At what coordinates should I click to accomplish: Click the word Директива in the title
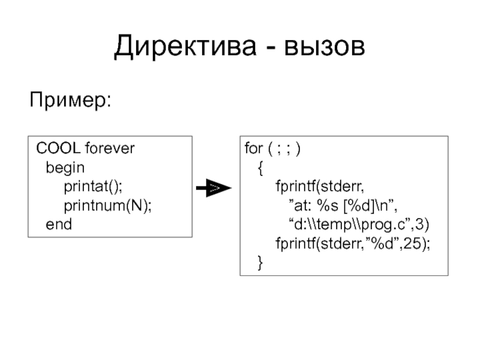(184, 47)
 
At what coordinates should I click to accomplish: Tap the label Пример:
(71, 99)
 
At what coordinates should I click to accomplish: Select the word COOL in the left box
(58, 148)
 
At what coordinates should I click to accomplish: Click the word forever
(110, 148)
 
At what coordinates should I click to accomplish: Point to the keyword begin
(65, 167)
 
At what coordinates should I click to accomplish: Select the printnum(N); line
(108, 206)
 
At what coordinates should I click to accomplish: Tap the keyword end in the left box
(59, 225)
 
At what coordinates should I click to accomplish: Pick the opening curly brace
(260, 168)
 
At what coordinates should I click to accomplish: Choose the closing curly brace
(260, 263)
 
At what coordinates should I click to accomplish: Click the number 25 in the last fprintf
(416, 244)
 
